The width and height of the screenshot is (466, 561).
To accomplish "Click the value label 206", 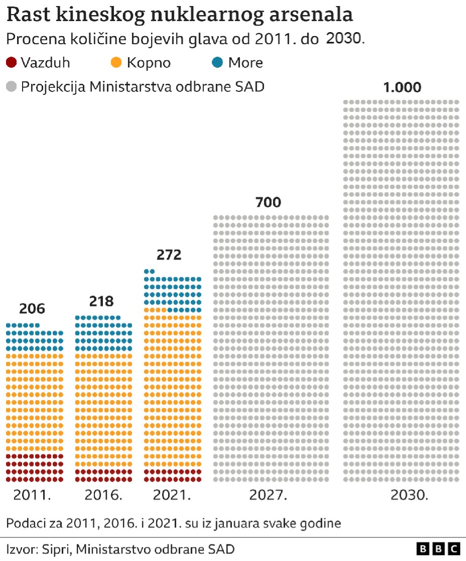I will [32, 309].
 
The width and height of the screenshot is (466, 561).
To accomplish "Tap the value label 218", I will [101, 301].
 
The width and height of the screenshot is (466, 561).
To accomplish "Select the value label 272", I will [169, 255].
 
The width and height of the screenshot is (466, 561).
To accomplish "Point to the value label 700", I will [268, 203].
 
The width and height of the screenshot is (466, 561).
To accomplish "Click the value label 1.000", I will [402, 87].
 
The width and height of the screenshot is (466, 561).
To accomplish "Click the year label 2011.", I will [32, 495].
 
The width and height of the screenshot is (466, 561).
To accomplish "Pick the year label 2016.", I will [103, 495].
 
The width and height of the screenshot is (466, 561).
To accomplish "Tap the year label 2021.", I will [172, 495].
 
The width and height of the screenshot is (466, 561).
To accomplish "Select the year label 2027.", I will [268, 495].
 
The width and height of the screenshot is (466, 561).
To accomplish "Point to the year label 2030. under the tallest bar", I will [409, 495].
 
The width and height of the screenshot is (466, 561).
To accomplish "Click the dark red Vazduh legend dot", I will [12, 63].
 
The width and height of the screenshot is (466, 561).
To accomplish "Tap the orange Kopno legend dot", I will [117, 63].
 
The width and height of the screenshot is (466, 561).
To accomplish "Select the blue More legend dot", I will [217, 63].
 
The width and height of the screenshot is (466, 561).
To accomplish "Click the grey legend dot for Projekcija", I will [12, 86].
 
